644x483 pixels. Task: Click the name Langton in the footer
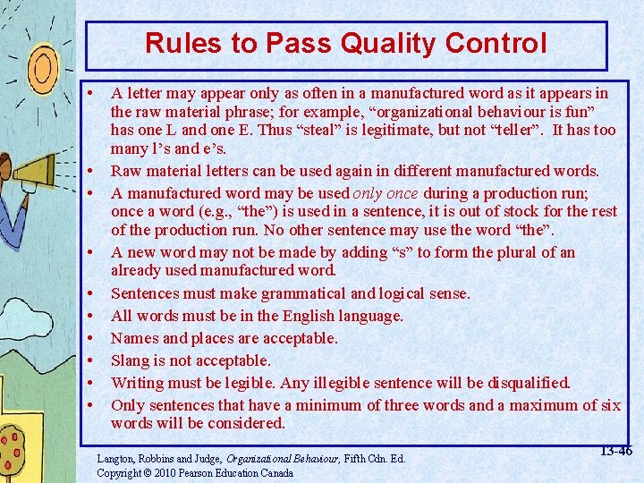coord(119,459)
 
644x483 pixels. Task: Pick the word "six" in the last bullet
coord(611,405)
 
